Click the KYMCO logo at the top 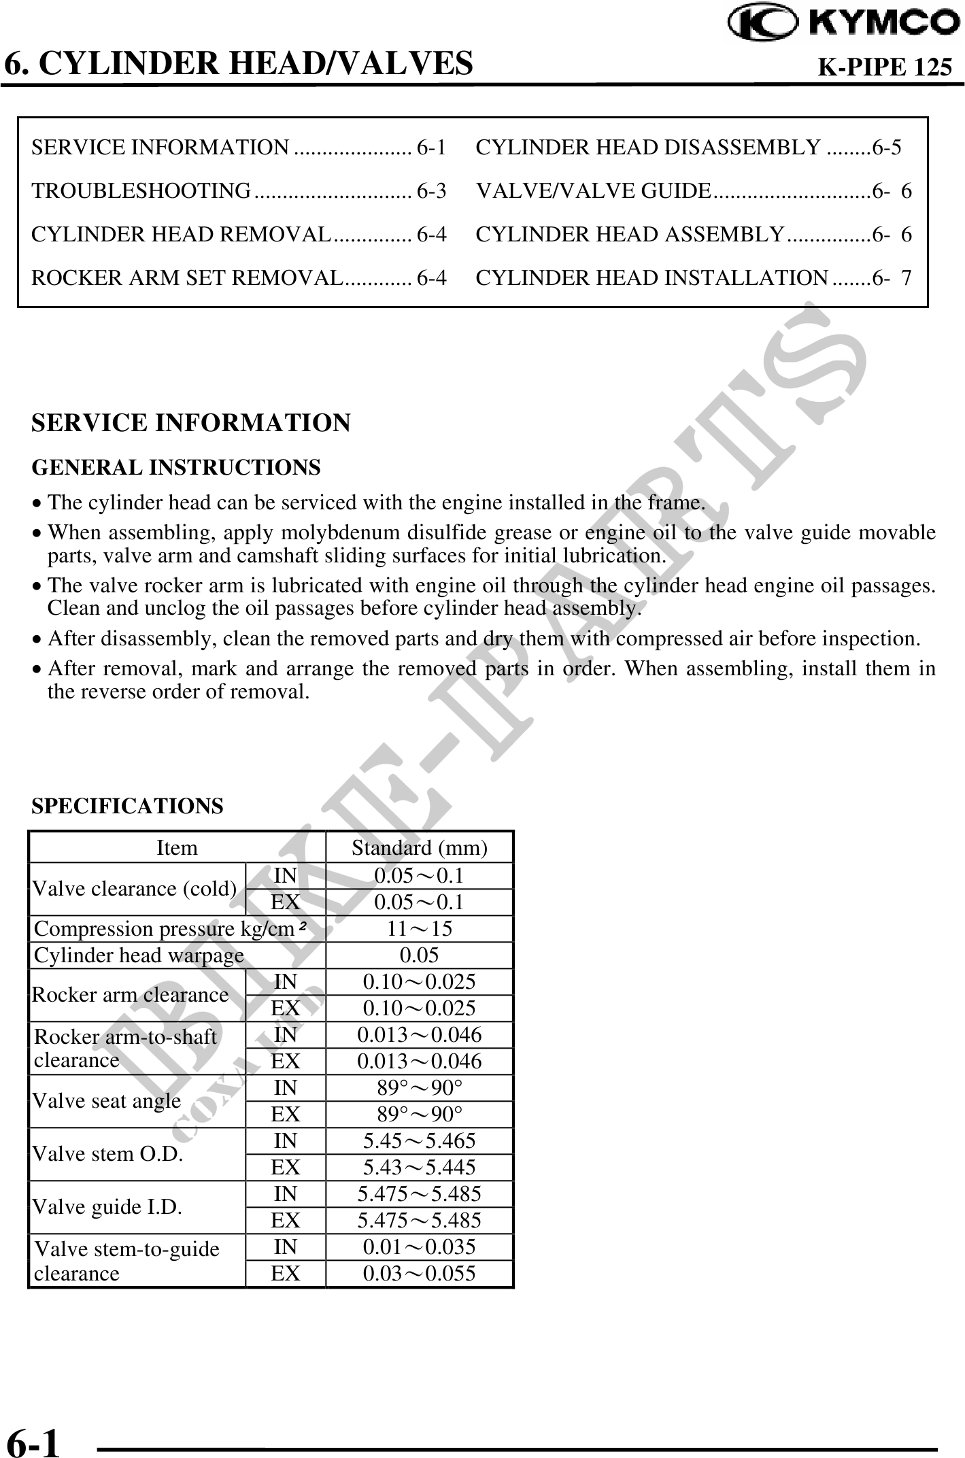tap(843, 24)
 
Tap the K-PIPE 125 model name tap(883, 67)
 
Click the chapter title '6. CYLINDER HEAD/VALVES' tap(239, 63)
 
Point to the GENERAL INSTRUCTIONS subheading tap(176, 468)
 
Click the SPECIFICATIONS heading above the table tap(127, 806)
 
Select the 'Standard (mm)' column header tap(419, 848)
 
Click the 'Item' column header tap(177, 848)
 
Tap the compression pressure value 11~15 tap(419, 928)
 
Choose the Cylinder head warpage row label tap(139, 955)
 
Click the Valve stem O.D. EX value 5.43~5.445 tap(419, 1167)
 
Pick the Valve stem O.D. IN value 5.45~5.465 tap(419, 1140)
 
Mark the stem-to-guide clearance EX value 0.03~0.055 tap(419, 1273)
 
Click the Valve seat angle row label tap(107, 1100)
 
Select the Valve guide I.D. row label tap(107, 1206)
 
